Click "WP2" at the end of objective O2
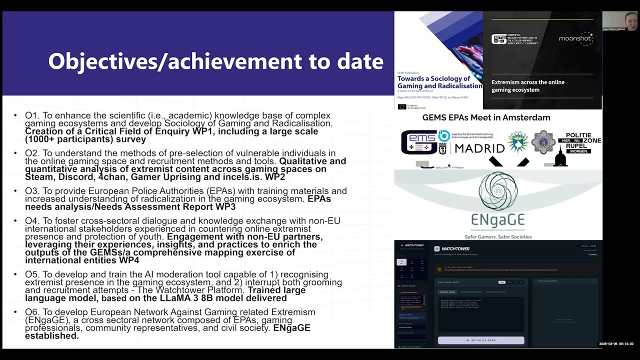tap(275, 177)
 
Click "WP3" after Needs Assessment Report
tap(225, 207)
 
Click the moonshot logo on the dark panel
tap(575, 38)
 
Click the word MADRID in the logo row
tap(479, 148)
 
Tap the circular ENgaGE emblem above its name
tap(498, 190)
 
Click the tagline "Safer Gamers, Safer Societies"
tap(498, 236)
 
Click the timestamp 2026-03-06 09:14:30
tap(616, 344)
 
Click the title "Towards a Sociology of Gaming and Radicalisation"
tap(439, 82)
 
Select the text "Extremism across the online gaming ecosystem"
tap(528, 86)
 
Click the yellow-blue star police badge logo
tap(517, 142)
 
